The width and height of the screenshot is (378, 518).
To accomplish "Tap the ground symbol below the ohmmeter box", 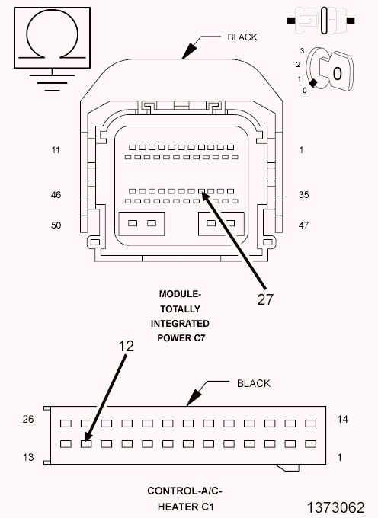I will (51, 81).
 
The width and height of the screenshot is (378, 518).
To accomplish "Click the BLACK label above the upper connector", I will (242, 37).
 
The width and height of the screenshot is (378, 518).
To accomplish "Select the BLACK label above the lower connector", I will (253, 383).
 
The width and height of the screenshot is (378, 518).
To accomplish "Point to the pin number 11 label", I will (56, 150).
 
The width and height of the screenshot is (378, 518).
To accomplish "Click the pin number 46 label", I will (56, 195).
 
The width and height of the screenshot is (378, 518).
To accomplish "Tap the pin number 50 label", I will (56, 226).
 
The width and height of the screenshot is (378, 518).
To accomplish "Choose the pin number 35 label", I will (304, 195).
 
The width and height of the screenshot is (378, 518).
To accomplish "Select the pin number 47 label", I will (304, 226).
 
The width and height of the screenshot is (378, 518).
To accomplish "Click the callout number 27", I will (264, 299).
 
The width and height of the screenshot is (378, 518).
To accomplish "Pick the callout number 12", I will (127, 345).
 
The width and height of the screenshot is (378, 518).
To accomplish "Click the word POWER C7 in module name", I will (181, 337).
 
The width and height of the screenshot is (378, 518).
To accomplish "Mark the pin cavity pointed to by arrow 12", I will (85, 443).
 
